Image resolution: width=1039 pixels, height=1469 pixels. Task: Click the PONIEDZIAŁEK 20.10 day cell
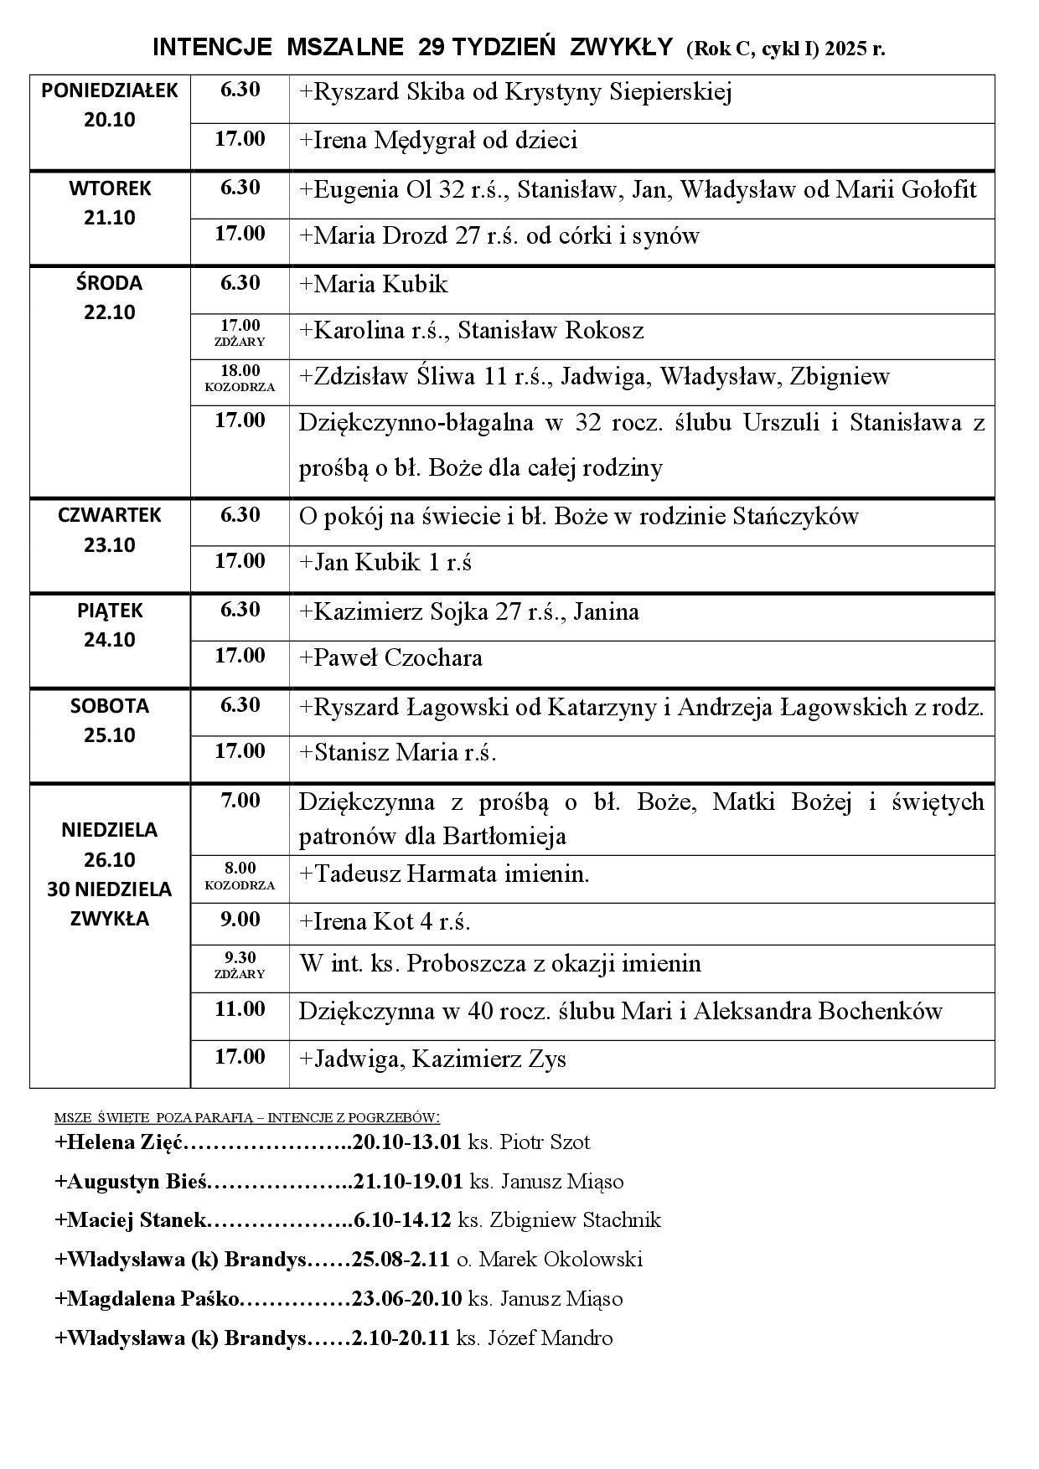[x=110, y=106]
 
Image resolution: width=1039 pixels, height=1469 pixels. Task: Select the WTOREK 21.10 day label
[x=110, y=203]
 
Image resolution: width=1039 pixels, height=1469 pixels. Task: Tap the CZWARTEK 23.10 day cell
[x=110, y=530]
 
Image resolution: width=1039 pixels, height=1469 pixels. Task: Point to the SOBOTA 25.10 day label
[x=110, y=720]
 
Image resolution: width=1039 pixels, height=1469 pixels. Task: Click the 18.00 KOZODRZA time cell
[x=240, y=378]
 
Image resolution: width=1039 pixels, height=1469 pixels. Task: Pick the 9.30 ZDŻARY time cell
[x=240, y=965]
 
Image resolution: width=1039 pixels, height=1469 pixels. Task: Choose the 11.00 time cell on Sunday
[x=240, y=1009]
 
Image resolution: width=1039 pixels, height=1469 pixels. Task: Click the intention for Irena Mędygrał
[x=438, y=141]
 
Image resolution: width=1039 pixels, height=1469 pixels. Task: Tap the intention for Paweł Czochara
[x=390, y=658]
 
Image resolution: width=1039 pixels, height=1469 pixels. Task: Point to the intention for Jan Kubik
[x=385, y=563]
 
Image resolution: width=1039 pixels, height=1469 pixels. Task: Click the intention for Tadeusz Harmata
[x=444, y=875]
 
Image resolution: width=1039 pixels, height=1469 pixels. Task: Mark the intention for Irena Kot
[x=385, y=922]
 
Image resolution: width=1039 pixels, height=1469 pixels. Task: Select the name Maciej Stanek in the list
[x=130, y=1220]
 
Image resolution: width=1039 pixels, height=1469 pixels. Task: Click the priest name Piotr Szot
[x=544, y=1142]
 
